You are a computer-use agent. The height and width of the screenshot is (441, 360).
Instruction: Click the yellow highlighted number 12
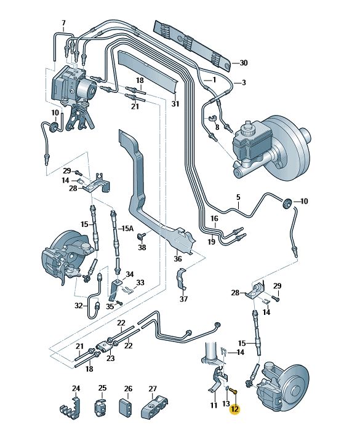234,409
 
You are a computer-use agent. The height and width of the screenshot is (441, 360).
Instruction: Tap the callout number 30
244,63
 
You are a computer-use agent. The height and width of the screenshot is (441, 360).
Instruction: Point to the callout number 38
142,247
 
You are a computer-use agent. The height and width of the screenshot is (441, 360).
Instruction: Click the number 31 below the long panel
175,104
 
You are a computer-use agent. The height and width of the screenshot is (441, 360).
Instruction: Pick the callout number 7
63,23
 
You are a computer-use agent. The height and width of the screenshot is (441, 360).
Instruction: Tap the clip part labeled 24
70,405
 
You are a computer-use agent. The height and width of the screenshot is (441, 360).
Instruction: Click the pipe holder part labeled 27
154,405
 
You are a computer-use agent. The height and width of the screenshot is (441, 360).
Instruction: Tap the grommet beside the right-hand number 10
287,204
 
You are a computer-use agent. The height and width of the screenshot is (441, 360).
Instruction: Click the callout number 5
238,197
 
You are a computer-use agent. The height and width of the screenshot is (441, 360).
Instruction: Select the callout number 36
178,258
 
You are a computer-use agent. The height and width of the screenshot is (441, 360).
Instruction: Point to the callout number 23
111,358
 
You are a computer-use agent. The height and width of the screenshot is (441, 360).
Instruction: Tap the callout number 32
79,305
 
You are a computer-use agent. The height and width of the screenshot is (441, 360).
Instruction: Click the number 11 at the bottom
214,405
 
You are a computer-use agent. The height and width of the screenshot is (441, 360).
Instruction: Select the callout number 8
217,127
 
